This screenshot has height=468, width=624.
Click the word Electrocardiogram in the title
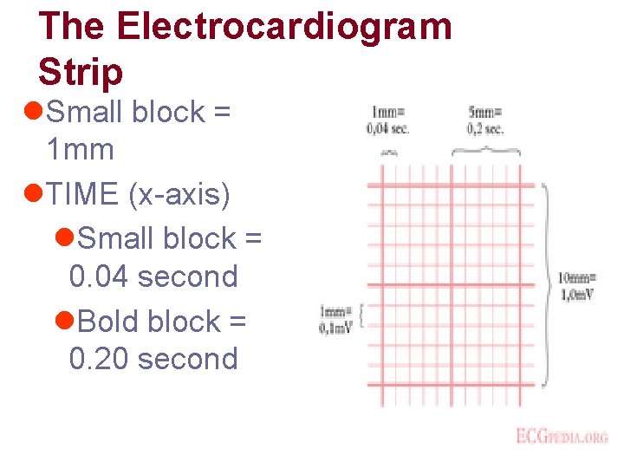[284, 27]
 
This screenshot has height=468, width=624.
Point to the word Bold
[109, 322]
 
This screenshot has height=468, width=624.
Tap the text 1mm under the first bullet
[80, 150]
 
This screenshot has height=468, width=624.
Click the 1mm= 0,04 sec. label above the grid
[389, 120]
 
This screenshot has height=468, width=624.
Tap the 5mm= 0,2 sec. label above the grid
[485, 120]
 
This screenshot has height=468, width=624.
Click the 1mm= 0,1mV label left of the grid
[335, 319]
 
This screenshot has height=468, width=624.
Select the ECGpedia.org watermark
[562, 436]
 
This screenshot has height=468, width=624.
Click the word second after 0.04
[187, 277]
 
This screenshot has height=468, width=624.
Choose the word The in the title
[72, 27]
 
